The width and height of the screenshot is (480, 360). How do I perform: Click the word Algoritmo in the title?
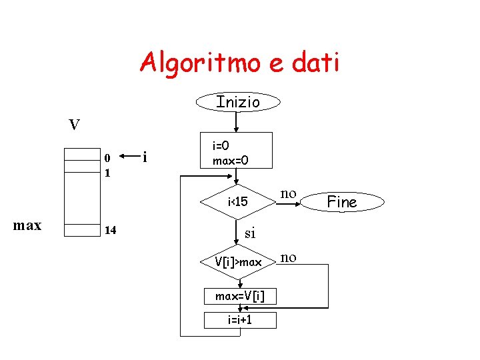coord(193,63)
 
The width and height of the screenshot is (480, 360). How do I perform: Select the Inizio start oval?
coord(238,102)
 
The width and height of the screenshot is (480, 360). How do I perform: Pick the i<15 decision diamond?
coord(238,201)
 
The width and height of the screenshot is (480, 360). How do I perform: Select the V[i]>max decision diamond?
coord(238,263)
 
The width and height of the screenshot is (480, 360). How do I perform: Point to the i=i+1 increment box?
coord(240,320)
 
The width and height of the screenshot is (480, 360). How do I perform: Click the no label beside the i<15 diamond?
coord(288,193)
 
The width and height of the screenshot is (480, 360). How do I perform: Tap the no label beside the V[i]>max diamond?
coord(289,257)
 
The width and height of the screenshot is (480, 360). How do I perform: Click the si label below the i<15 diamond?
coord(250,233)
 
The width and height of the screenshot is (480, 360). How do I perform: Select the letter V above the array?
coord(75,125)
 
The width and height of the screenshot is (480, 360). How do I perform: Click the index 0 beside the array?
coord(107,159)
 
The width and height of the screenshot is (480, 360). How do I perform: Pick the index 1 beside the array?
coord(107,172)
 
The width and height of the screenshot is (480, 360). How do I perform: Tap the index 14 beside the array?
coord(110,231)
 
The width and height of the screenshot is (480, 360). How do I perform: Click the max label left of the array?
coord(27,225)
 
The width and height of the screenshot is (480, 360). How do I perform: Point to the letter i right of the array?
coord(145,157)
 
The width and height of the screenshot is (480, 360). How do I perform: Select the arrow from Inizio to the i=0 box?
coord(235,122)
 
